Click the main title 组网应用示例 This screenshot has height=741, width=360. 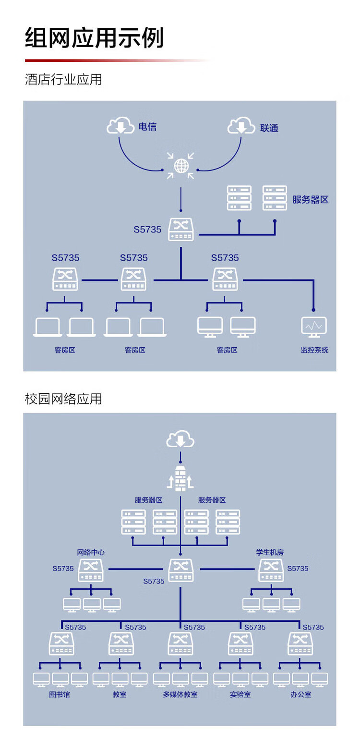pos(94,38)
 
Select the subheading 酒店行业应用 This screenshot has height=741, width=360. pos(63,79)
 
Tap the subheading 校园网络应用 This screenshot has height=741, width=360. pos(63,399)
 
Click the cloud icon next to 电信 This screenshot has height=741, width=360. pos(120,125)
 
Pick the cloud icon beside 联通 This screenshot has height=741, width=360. pos(241,125)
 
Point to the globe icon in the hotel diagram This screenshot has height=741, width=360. pos(181,166)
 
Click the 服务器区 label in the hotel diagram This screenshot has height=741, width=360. pos(311,199)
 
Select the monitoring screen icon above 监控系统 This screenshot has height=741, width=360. pos(314,327)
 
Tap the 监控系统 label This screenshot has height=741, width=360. pos(314,350)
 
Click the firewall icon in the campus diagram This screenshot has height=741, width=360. pos(180,478)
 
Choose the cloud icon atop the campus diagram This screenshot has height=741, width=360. pos(180,438)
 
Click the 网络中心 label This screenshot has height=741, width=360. pos(91,552)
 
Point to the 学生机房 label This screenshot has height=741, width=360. pos(270,552)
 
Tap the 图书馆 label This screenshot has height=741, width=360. pos(60,694)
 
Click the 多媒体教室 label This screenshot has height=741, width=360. pos(180,694)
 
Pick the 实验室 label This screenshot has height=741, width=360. pos(240,694)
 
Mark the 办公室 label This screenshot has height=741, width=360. pos(301,694)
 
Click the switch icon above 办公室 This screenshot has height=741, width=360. pos(300,644)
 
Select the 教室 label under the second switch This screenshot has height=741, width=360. pos(120,694)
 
